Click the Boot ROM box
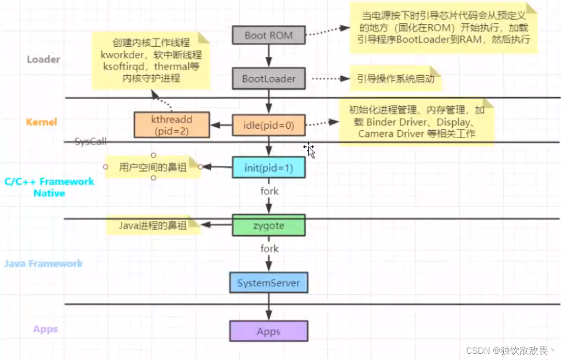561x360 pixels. [x=269, y=35]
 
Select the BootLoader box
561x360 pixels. [x=269, y=79]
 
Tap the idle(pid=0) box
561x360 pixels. [x=269, y=125]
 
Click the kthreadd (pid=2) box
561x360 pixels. [x=172, y=125]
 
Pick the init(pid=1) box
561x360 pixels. [x=269, y=167]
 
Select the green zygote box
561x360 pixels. [x=269, y=226]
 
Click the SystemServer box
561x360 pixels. [x=269, y=283]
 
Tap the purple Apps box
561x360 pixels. [x=269, y=331]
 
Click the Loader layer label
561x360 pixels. [x=43, y=60]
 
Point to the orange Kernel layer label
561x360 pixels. [x=42, y=122]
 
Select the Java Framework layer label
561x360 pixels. [x=43, y=263]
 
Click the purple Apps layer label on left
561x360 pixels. [x=45, y=329]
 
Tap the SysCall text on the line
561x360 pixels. [x=91, y=142]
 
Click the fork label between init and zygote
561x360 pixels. [x=269, y=191]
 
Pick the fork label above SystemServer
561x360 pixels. [x=269, y=248]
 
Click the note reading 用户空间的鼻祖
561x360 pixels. [x=153, y=167]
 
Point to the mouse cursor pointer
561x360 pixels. [x=309, y=149]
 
